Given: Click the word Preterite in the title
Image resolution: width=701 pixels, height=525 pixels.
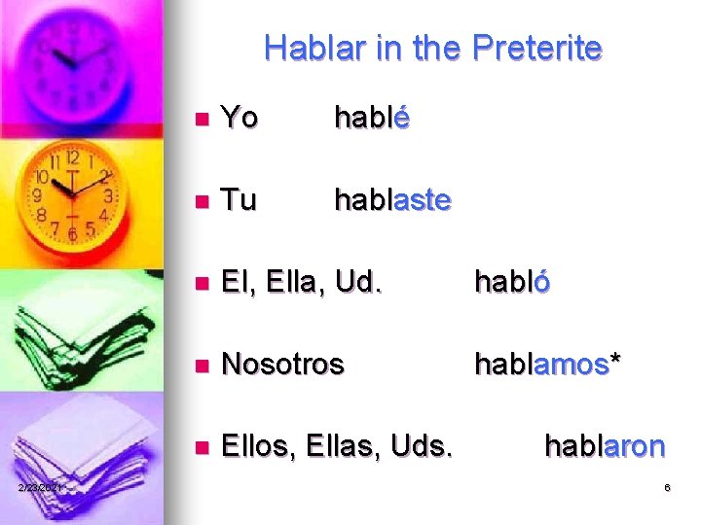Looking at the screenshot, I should point(537,48).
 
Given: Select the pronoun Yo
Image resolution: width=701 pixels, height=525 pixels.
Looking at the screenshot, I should point(240,118).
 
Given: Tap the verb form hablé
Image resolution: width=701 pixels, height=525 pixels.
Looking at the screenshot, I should point(372,118).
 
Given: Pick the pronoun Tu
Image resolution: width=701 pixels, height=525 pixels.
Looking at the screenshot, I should point(239,200).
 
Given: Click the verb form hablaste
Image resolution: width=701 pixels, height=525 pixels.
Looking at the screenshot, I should point(392,200).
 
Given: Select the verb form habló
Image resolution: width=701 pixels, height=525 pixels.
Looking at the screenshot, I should point(512,282).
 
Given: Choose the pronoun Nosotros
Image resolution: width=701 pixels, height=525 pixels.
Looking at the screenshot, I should point(282,364).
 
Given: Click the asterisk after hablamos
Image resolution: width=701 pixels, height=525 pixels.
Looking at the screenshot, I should point(615,360).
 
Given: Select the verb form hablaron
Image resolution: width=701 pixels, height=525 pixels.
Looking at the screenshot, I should point(605,446).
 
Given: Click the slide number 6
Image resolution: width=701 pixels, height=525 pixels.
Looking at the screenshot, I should point(668,487).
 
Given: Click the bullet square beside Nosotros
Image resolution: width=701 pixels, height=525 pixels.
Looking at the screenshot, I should point(202,367).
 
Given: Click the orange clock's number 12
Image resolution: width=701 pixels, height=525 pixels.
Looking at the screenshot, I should point(71,157).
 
